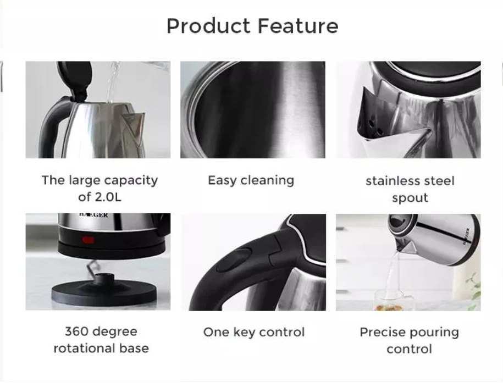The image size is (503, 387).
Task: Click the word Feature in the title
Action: click(298, 26)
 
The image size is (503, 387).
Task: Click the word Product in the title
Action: click(208, 26)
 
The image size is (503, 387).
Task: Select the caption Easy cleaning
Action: click(251, 180)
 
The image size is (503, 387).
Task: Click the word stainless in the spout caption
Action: click(391, 181)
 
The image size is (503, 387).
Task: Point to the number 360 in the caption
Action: click(76, 331)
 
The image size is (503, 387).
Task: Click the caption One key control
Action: click(254, 332)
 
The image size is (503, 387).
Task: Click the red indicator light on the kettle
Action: click(88, 240)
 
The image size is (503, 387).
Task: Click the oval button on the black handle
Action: click(234, 259)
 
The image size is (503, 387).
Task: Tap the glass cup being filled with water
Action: click(394, 300)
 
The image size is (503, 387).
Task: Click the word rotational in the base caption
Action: click(84, 348)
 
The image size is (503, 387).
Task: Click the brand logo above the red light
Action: click(93, 215)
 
